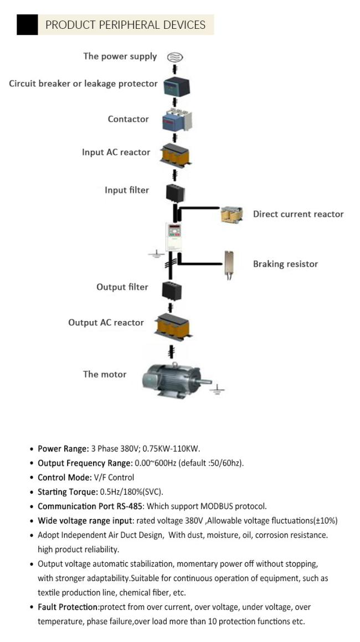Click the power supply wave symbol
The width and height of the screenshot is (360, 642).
pos(174,57)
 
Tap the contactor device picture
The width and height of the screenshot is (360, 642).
pos(177,120)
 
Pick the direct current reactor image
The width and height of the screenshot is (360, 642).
pos(232,215)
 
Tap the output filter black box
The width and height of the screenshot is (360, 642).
pos(172,290)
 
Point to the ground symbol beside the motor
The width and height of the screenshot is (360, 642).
pos(217,389)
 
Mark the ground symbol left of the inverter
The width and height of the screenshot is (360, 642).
pos(156,255)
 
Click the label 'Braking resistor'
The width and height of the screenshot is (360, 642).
pos(285,264)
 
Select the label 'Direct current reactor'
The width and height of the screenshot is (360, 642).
pos(298,214)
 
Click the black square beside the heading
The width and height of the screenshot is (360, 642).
pos(27,24)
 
